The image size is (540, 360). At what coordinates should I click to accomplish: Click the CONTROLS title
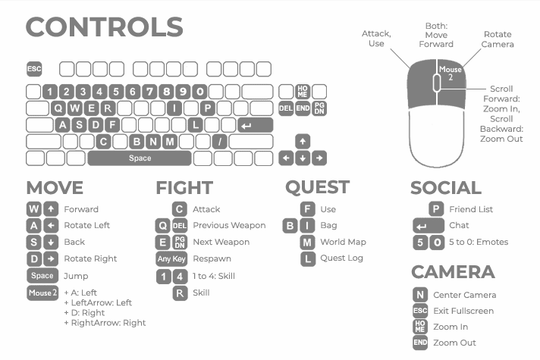point(105,27)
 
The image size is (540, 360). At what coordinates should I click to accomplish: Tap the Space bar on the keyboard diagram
point(140,158)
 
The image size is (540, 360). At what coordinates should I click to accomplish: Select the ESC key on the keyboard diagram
point(34,69)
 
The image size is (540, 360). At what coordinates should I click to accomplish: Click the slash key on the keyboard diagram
point(219,142)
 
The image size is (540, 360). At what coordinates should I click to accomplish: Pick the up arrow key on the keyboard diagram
point(303,142)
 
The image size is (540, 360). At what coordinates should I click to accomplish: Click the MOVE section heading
point(55,188)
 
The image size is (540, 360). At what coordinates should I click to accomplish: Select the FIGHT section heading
point(184,188)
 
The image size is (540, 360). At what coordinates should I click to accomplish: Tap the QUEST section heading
point(317,187)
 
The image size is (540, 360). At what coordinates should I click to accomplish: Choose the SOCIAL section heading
point(446,188)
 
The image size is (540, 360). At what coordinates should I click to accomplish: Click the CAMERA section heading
point(453,272)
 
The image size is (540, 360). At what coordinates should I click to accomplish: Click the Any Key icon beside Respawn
point(171,258)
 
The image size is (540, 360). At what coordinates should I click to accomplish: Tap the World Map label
point(343,242)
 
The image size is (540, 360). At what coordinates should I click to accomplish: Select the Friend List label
point(471,209)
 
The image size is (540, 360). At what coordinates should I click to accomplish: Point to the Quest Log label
point(341,258)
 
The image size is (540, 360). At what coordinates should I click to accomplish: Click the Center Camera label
point(464,295)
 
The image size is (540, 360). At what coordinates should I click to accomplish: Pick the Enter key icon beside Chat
point(429,226)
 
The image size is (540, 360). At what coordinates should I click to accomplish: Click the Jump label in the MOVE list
point(76,276)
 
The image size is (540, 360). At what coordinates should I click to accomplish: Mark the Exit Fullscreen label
point(463,311)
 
